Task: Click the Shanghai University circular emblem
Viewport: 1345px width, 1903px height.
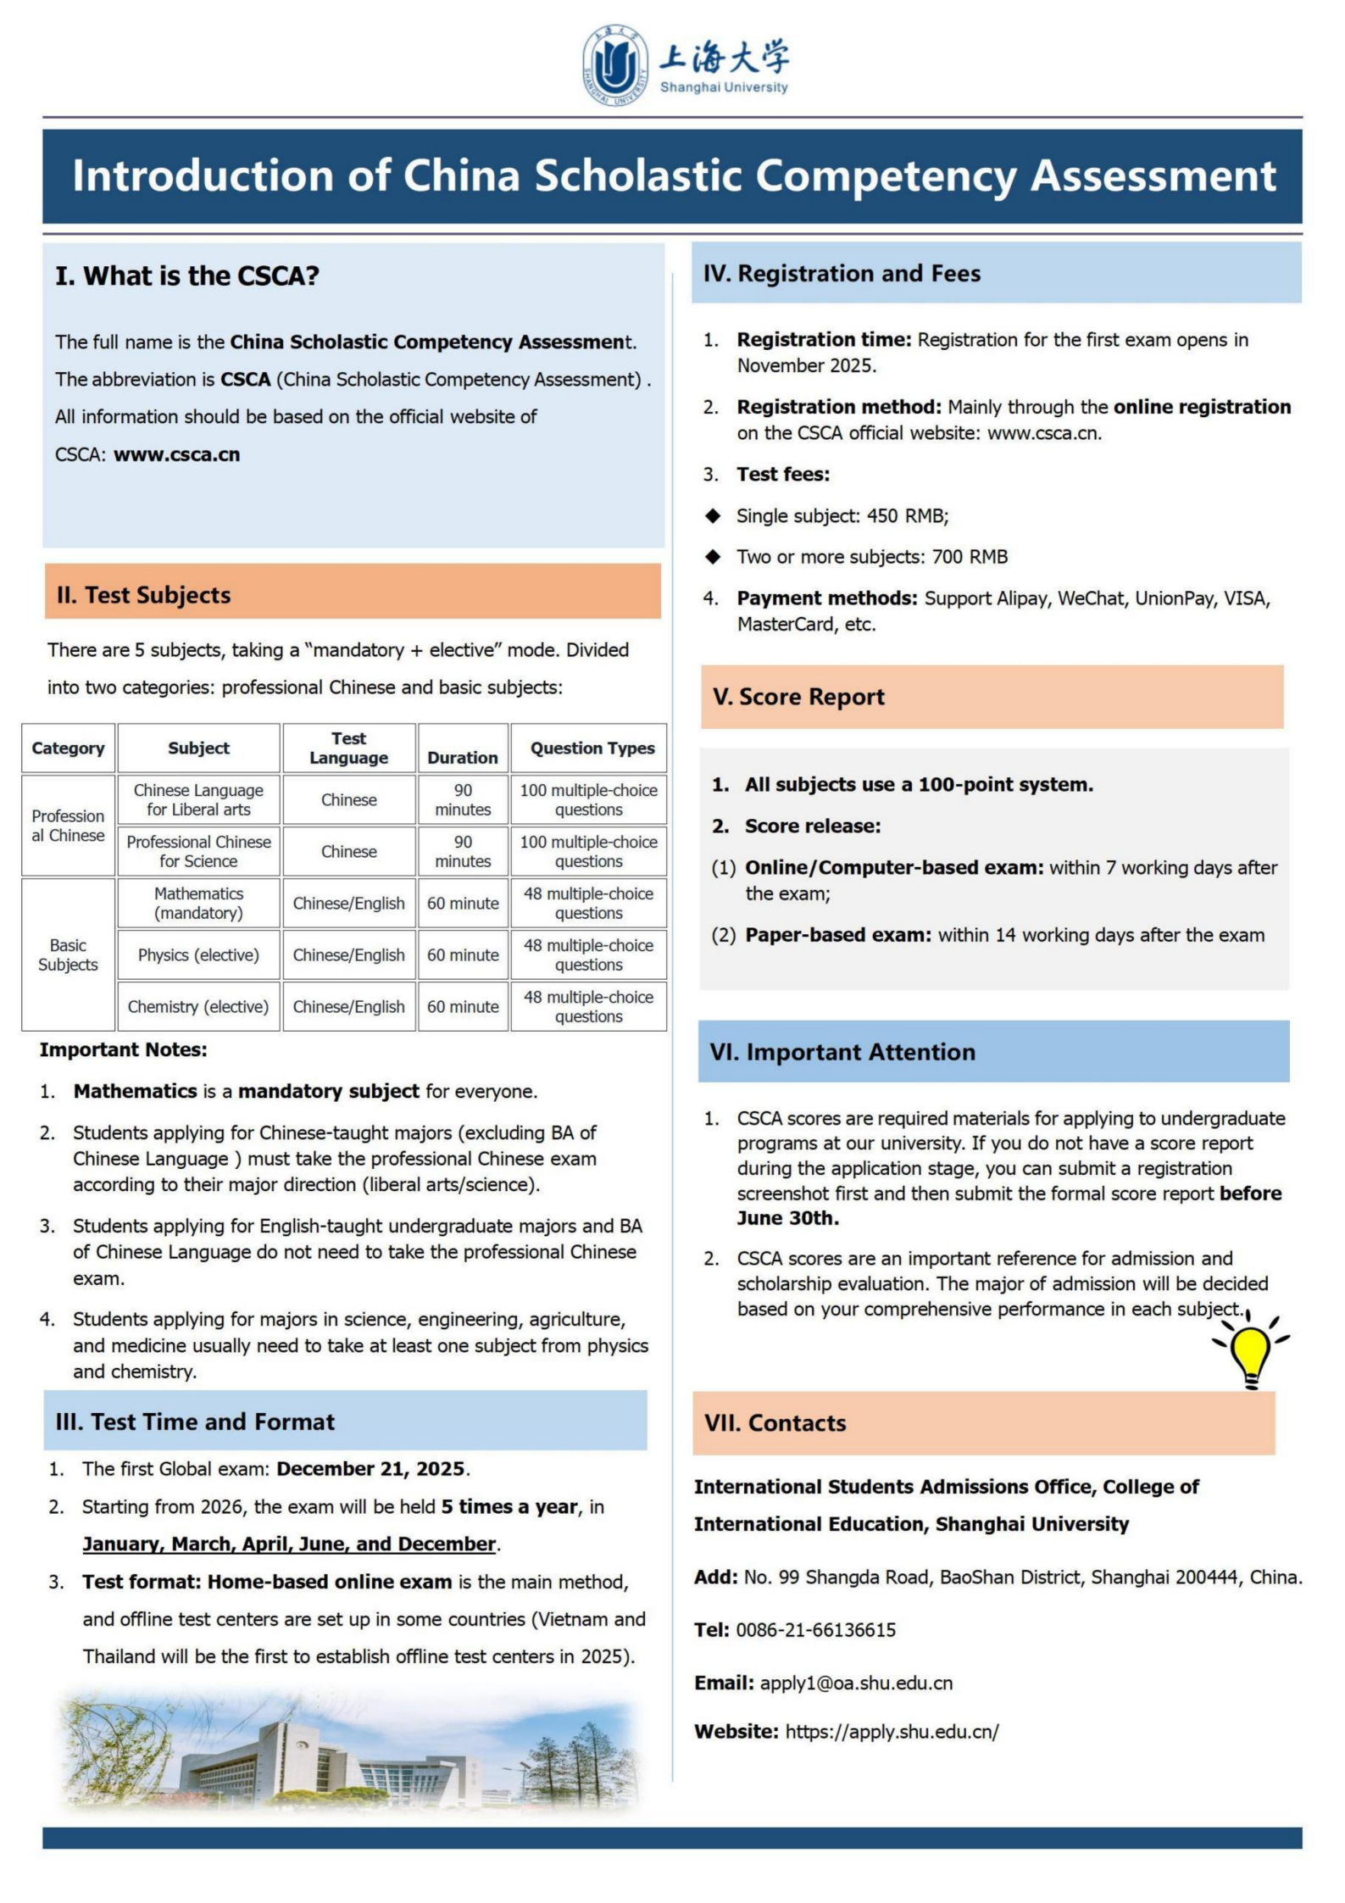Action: [x=615, y=64]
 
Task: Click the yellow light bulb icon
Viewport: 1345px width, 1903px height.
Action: [x=1251, y=1349]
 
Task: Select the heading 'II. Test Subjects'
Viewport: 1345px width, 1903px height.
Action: [x=143, y=595]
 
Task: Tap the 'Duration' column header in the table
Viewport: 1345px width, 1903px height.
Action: [x=462, y=757]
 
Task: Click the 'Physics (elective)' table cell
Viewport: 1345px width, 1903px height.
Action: [x=198, y=955]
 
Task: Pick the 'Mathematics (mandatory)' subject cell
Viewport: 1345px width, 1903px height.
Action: [x=198, y=904]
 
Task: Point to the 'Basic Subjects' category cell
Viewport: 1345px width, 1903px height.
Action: [x=68, y=955]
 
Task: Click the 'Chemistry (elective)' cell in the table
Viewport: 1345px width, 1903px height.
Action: [x=198, y=1007]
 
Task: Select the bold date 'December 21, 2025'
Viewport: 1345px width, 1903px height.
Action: [x=370, y=1469]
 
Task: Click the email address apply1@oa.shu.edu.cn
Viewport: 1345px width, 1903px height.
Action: [x=856, y=1683]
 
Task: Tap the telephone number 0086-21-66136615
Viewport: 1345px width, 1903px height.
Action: [x=815, y=1630]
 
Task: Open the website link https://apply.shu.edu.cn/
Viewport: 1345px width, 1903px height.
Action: [x=892, y=1732]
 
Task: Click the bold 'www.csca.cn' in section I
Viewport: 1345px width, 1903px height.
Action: [x=176, y=454]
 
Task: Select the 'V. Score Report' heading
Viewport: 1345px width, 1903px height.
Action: [x=798, y=697]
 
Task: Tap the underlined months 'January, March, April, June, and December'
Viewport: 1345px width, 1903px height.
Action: [x=288, y=1544]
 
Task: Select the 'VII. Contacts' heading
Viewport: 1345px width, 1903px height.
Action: [x=775, y=1423]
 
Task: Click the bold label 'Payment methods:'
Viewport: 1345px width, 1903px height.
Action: [x=826, y=598]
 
